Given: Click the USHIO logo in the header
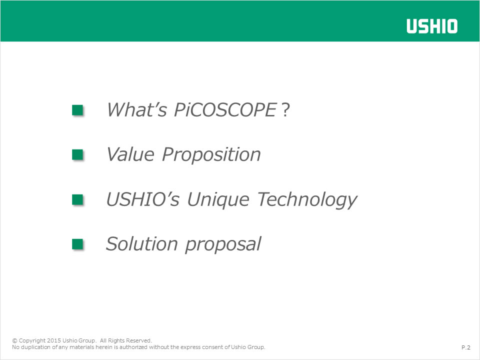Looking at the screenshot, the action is (x=432, y=26).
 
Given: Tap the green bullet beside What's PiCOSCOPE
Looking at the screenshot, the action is (x=77, y=110).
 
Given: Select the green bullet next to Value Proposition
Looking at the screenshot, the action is (x=77, y=154).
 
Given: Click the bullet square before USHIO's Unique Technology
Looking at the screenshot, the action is (x=77, y=199).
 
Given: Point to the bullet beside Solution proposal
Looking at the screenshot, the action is (x=77, y=244).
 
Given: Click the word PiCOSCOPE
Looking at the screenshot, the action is (x=225, y=109).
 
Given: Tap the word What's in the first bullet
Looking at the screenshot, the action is (x=137, y=109).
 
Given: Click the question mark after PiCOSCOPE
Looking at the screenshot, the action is (x=285, y=109).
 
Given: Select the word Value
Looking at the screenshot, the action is (x=130, y=154).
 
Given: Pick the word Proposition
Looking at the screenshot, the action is (x=211, y=154).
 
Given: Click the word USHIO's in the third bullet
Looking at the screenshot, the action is (x=142, y=199).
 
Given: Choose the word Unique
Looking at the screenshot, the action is (x=218, y=200).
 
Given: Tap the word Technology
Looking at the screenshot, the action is (x=307, y=200).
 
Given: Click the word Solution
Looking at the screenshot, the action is (x=141, y=244).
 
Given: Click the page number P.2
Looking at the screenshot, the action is (x=466, y=347).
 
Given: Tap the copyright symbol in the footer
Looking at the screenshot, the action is (x=14, y=340).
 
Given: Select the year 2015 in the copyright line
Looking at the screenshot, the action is (x=54, y=340).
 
